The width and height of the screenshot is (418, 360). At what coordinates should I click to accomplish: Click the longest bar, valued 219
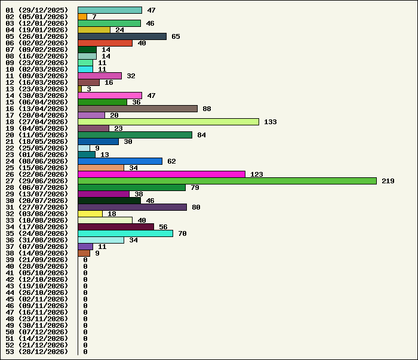(227, 181)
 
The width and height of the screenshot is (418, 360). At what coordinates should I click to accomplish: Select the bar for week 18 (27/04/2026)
(168, 122)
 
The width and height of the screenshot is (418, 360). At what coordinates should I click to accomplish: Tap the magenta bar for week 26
(162, 174)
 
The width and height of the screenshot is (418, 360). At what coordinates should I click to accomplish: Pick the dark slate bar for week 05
(122, 36)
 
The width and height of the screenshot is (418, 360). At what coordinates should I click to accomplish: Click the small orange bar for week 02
(82, 17)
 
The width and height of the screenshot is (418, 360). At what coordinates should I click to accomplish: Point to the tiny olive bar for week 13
(79, 89)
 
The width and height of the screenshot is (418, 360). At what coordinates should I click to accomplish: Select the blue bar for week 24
(120, 161)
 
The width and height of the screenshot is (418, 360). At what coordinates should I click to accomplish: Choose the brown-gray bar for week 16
(138, 109)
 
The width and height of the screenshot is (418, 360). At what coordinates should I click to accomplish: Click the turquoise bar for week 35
(125, 233)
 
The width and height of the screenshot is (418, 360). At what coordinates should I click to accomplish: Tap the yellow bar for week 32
(90, 214)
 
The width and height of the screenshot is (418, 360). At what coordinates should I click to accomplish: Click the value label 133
(271, 122)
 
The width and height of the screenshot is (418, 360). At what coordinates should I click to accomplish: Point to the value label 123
(257, 174)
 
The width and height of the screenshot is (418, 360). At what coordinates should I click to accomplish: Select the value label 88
(207, 109)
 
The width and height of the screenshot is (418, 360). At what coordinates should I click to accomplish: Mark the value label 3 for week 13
(89, 89)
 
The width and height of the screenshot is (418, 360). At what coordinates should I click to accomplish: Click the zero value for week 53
(85, 352)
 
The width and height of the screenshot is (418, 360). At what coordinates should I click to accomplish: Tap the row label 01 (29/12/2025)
(37, 10)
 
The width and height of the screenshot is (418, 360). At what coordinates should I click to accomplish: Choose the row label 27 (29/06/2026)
(37, 181)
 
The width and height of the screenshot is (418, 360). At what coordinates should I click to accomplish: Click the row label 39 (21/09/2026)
(37, 260)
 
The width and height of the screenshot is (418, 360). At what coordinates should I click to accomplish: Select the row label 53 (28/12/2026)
(37, 352)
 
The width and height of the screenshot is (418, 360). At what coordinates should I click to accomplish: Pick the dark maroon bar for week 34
(116, 227)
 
